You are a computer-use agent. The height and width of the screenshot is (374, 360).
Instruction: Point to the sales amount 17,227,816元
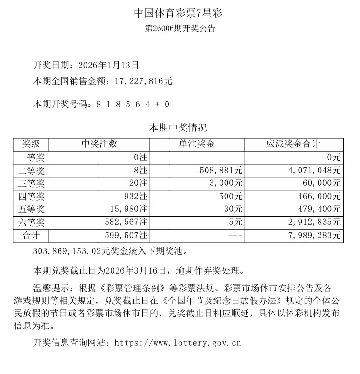tap(142, 81)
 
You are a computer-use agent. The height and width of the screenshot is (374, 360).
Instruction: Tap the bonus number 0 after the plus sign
tap(167, 105)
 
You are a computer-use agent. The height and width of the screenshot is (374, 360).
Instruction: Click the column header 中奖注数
tap(99, 144)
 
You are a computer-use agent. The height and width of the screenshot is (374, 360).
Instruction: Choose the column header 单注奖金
tap(197, 144)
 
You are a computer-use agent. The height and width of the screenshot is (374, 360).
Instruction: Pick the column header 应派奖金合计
tap(293, 144)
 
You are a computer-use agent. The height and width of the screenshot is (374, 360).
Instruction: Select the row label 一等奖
tap(31, 157)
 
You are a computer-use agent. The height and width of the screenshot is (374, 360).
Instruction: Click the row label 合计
tap(31, 236)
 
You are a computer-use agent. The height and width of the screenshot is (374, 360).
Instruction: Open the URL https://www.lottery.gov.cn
tap(178, 344)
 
